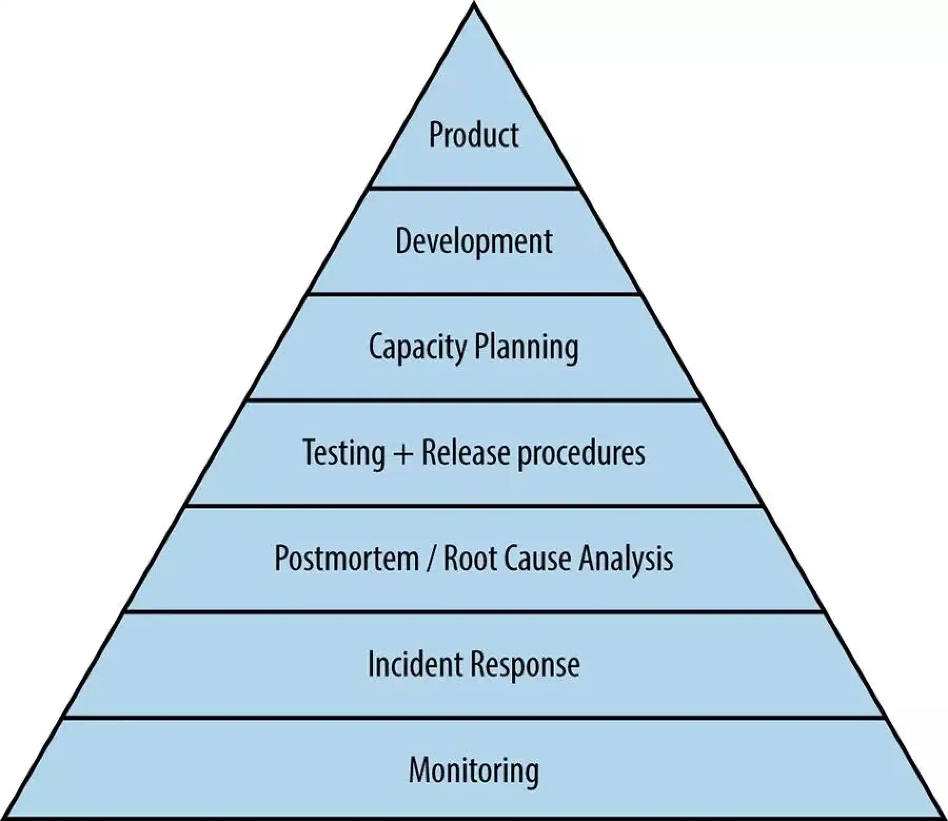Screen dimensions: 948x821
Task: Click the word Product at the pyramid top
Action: click(x=474, y=134)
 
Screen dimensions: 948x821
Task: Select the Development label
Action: click(x=474, y=241)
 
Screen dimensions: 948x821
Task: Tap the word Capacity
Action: click(x=418, y=348)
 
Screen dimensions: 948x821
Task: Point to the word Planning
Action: click(x=526, y=348)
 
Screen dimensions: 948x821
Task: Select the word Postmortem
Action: click(x=347, y=558)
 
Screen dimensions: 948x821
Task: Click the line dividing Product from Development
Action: click(x=474, y=188)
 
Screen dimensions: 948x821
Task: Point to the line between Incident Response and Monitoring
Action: click(x=474, y=718)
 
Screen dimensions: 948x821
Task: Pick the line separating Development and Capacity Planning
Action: click(x=474, y=294)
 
